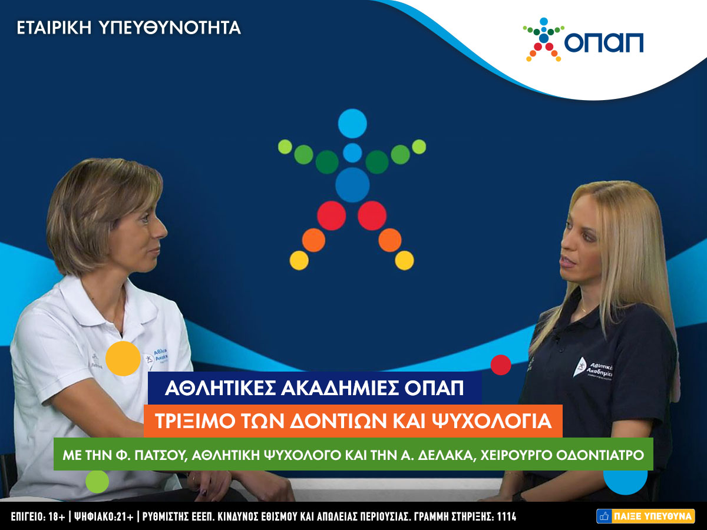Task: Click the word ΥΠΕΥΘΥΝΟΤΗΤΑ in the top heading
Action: click(x=170, y=28)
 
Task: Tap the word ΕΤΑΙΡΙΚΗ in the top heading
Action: click(x=54, y=28)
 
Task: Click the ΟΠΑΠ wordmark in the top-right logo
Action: click(x=604, y=42)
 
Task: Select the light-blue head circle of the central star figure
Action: click(x=352, y=124)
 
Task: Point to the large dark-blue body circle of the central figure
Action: click(x=352, y=185)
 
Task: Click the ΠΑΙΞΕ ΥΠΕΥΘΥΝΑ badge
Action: click(x=646, y=516)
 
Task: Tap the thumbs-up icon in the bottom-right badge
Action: click(x=604, y=516)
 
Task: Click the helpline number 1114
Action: click(x=507, y=516)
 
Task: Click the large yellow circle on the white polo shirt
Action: click(x=123, y=359)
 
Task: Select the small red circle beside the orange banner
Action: click(x=501, y=365)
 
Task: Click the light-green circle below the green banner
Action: click(x=97, y=481)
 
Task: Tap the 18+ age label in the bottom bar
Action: click(x=57, y=516)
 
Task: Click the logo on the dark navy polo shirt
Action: click(x=593, y=369)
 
